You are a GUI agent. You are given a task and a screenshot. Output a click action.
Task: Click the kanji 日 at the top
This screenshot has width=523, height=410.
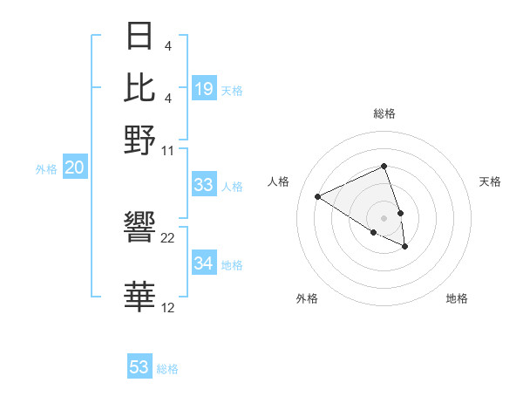140,37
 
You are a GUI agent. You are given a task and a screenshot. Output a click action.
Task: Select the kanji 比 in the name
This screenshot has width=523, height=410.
140,87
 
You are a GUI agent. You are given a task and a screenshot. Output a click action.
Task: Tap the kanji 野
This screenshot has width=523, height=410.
140,139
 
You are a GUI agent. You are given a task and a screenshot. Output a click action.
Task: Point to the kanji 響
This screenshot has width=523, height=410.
140,229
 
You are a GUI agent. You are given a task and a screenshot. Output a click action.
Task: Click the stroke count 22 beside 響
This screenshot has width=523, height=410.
168,238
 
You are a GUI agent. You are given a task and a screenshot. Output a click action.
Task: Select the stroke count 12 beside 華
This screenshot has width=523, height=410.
168,307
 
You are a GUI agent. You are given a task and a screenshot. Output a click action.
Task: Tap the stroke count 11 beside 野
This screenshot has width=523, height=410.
168,149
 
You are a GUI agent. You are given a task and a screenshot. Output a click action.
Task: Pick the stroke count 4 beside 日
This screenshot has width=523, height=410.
168,44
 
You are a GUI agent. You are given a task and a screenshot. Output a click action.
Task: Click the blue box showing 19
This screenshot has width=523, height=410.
204,88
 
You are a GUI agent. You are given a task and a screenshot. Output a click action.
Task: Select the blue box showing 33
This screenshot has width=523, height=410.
204,185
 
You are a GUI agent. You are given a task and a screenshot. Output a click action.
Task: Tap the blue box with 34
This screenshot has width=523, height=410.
204,263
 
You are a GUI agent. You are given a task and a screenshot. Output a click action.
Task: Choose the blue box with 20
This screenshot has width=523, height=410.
74,167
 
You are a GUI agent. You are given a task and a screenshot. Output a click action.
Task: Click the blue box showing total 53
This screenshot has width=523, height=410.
139,367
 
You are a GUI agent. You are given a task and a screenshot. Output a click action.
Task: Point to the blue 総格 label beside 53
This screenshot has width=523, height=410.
167,369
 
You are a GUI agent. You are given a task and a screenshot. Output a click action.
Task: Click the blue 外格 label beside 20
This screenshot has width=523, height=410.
46,169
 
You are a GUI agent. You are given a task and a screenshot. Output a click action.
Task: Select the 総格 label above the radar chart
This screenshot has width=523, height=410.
384,113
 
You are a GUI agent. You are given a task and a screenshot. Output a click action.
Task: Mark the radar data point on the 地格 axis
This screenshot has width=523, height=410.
405,247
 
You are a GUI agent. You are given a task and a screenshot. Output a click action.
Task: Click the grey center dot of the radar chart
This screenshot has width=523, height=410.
384,217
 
